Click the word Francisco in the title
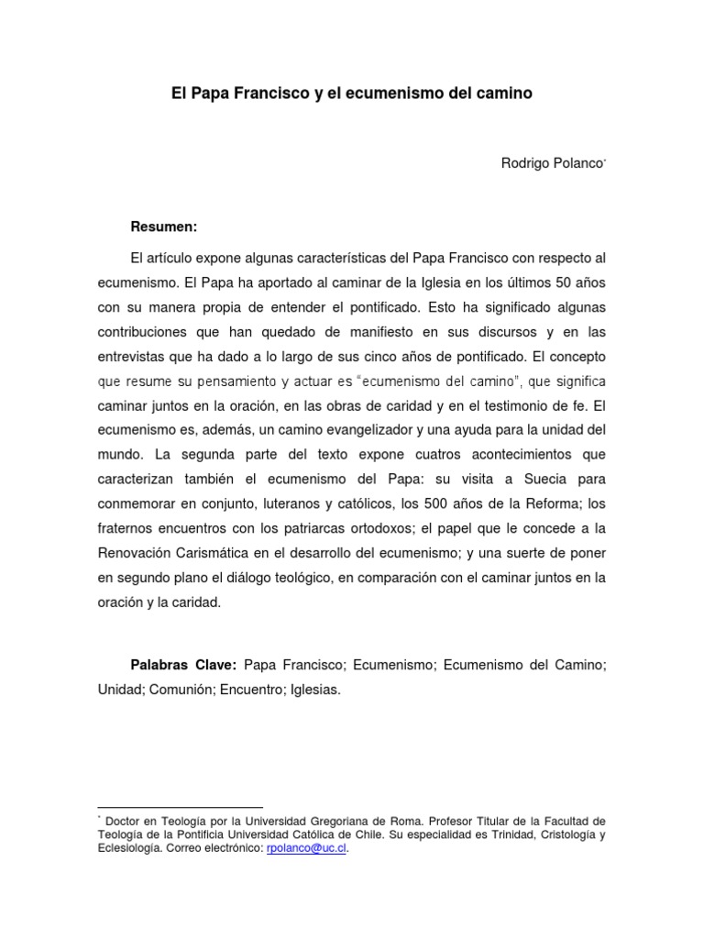[262, 94]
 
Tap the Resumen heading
[164, 226]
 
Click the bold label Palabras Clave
[184, 664]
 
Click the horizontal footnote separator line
[180, 808]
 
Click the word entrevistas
[132, 356]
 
